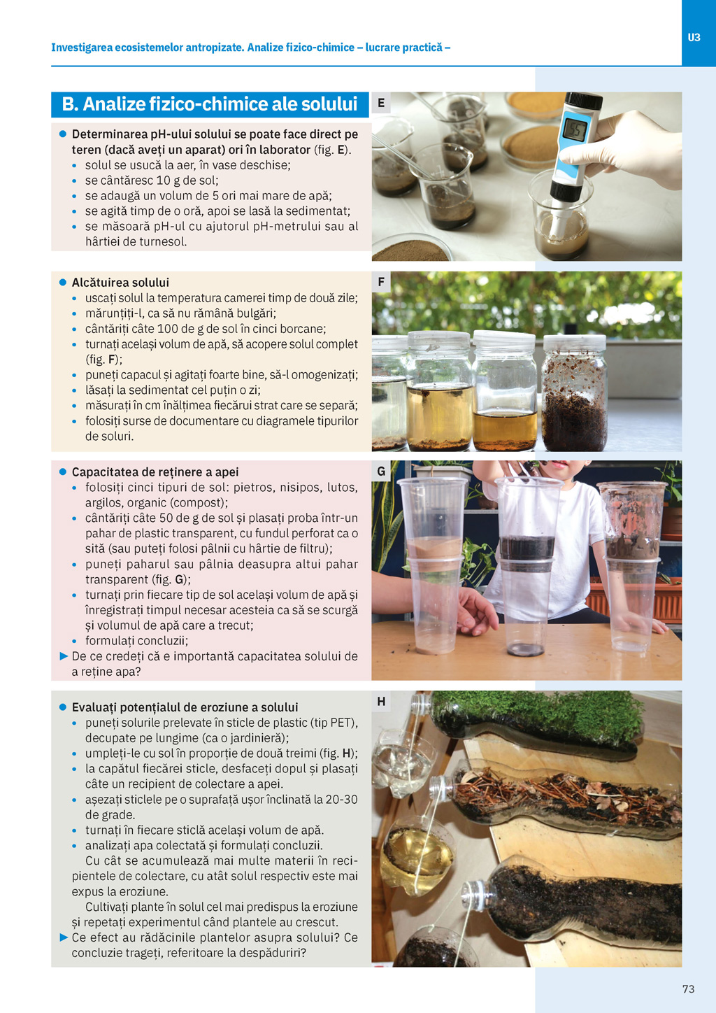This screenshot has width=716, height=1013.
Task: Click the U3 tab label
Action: [x=694, y=38]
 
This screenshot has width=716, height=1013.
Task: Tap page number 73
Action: [x=688, y=989]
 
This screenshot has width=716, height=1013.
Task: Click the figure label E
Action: [x=381, y=103]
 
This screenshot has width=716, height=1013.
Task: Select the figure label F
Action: [x=381, y=282]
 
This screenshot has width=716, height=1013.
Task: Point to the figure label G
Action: [x=381, y=472]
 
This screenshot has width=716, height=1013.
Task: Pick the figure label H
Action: [x=381, y=702]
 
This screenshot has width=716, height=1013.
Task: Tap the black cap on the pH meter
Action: [x=584, y=101]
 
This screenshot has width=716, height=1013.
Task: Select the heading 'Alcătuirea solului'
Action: [x=120, y=283]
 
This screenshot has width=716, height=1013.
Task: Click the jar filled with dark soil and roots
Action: [x=574, y=392]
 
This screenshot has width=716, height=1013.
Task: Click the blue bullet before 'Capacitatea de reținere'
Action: [x=63, y=472]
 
